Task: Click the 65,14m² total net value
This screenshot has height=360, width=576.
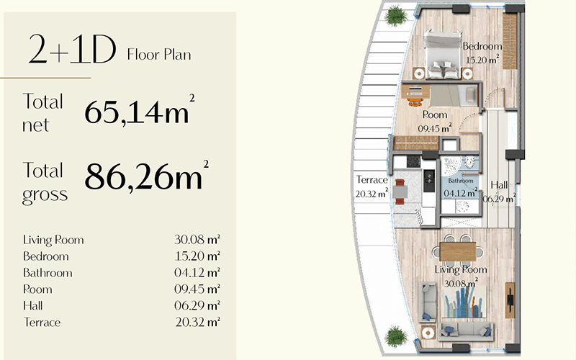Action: tap(140, 111)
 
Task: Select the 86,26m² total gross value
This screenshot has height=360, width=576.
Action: tap(147, 175)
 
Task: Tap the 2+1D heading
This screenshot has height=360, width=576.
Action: tap(73, 49)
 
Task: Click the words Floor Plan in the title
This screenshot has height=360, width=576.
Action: tap(159, 55)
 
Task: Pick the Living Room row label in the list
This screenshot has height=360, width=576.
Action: tap(53, 240)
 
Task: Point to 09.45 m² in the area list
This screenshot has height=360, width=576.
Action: tap(197, 289)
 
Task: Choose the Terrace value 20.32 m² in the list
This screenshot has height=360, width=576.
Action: tap(197, 322)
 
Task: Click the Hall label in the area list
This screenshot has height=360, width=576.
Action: tap(32, 305)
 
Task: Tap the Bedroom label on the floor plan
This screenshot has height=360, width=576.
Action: tap(482, 46)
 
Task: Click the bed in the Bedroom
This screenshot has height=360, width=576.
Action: tap(442, 55)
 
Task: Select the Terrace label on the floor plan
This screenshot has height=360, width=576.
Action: tap(372, 179)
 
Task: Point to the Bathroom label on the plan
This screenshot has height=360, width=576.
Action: tap(461, 181)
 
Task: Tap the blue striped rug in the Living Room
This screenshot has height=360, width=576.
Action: tap(464, 302)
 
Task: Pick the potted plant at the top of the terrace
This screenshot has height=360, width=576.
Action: tap(395, 15)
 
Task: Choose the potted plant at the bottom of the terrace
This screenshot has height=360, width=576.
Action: tap(395, 336)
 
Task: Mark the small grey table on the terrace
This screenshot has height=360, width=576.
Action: tap(400, 192)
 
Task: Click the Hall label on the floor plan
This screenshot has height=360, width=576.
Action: tap(499, 185)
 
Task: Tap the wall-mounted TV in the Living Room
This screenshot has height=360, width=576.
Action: tap(510, 300)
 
